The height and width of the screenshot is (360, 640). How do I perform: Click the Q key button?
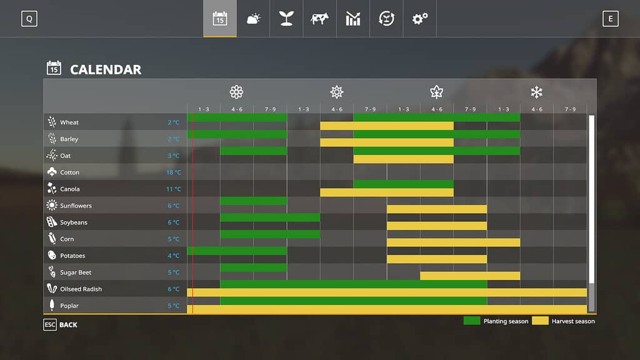29,19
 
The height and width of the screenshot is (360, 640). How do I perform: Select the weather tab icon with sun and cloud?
253,19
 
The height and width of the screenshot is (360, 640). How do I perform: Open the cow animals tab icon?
319,19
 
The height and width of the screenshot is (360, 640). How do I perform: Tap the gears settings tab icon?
419,19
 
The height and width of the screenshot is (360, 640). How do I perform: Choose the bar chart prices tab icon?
353,19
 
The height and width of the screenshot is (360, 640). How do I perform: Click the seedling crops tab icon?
286,19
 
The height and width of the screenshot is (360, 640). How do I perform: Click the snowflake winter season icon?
536,92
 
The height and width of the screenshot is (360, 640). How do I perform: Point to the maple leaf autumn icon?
436,92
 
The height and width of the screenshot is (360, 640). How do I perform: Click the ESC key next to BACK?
49,324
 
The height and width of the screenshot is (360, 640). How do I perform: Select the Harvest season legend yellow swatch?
540,321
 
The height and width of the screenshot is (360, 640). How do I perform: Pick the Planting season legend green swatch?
472,321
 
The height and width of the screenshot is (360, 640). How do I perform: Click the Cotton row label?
69,172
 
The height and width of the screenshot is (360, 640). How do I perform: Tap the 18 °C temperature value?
174,172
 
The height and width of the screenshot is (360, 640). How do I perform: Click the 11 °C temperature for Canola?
174,189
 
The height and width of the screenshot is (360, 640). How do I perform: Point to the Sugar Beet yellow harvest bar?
470,276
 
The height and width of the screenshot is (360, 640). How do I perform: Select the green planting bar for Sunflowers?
253,201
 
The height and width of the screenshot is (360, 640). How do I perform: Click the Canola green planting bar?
403,184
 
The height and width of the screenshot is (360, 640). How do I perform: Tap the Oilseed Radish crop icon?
52,289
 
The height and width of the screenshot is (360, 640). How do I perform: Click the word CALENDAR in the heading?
106,69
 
